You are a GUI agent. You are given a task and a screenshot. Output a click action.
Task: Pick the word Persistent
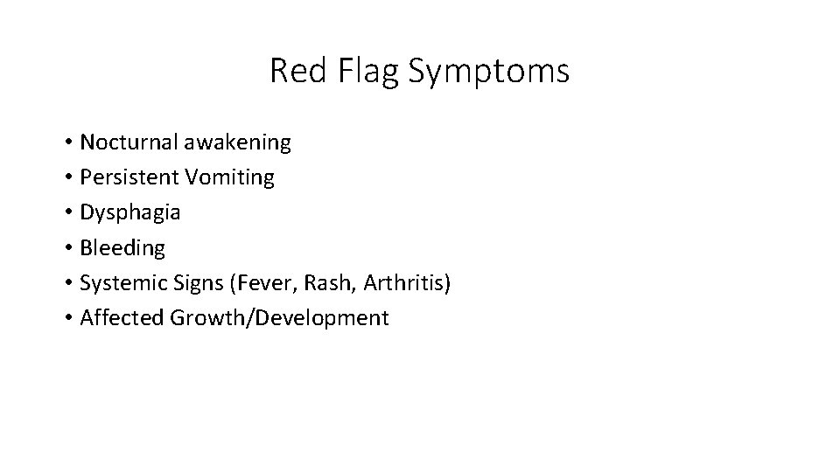pos(129,177)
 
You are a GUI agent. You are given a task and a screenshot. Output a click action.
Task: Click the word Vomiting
pos(229,178)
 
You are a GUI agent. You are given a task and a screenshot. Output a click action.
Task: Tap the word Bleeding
pos(122,248)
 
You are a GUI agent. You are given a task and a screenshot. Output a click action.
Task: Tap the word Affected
pos(122,318)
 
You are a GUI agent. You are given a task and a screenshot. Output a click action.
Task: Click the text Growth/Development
pos(279,318)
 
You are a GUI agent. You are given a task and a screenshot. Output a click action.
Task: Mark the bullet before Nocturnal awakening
pos(67,142)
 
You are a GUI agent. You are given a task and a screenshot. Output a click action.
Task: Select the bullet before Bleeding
pos(67,248)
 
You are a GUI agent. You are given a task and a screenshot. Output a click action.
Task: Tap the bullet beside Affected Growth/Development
pos(67,318)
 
